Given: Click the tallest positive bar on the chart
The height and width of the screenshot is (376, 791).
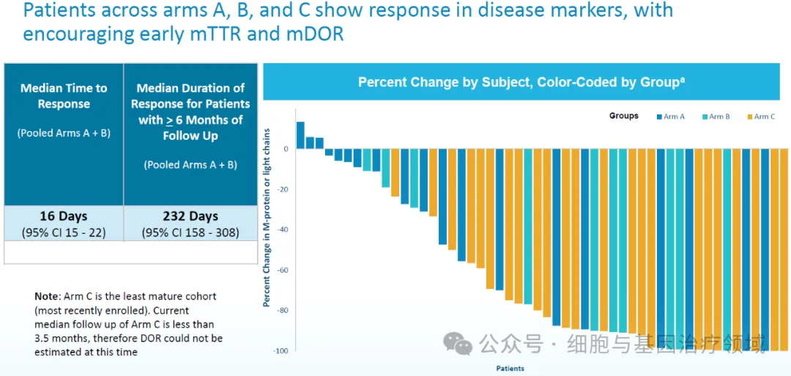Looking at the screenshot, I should click(300, 135).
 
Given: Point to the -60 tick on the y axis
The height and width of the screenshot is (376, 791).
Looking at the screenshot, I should click(283, 270).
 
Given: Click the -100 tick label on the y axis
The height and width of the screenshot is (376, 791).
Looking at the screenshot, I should click(281, 351).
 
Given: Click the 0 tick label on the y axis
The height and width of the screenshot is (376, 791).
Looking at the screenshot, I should click(286, 149).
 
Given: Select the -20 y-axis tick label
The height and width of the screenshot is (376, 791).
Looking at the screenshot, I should click(283, 189).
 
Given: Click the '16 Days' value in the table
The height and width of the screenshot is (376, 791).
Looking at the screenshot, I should click(64, 216).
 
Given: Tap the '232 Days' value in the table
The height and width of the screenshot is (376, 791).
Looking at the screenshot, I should click(190, 216).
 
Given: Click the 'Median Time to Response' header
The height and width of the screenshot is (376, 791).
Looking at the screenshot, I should click(64, 96).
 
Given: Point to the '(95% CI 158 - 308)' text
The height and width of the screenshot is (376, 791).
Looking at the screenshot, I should click(190, 232).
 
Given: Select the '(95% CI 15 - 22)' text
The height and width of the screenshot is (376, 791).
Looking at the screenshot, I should click(64, 232).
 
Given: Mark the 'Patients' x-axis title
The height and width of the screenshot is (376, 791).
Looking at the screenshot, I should click(510, 368).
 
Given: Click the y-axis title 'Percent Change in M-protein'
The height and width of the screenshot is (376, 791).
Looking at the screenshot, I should click(268, 217).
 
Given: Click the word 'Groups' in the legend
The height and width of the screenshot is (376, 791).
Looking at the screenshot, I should click(623, 116).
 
